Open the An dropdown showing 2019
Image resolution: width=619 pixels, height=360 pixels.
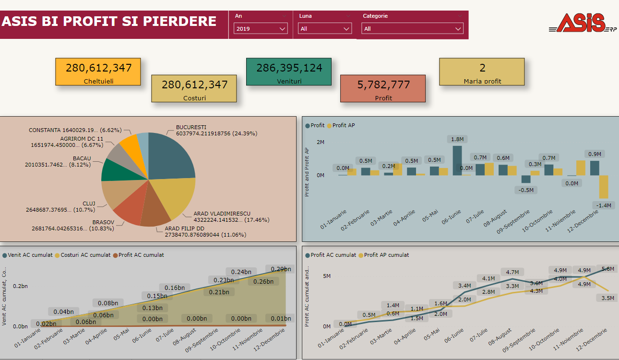point(261,29)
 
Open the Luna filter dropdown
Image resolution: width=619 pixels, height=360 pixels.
point(325,29)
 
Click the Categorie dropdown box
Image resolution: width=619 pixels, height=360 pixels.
point(412,29)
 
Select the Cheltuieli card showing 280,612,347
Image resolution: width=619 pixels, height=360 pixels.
point(98,72)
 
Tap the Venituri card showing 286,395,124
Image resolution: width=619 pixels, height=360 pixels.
point(288,72)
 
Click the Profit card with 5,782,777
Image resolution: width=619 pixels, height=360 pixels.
point(383,88)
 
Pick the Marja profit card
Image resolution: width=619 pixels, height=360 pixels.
point(482,72)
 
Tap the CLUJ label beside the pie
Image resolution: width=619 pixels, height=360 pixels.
point(89,203)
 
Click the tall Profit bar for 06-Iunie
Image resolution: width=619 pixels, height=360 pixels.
point(457,160)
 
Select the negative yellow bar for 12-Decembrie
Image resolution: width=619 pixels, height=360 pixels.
point(604,187)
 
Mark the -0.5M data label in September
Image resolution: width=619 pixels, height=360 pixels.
point(526,190)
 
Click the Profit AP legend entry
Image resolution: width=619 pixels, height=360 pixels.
point(344,125)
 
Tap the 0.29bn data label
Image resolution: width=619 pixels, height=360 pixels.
point(281,269)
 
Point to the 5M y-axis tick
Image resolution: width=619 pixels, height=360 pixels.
point(327,276)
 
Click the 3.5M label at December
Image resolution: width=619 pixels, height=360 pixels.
point(607,298)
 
